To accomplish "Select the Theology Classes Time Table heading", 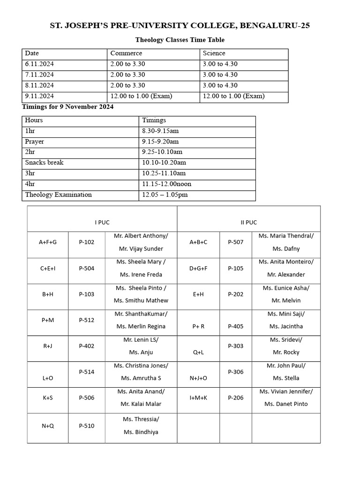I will pos(180,40).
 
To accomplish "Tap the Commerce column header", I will pos(126,53).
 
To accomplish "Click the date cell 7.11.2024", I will pos(39,75).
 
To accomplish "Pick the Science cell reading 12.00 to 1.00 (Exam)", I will pos(233,96).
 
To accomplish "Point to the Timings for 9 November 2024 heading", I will pos(68,107).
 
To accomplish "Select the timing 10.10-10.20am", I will pos(164,163).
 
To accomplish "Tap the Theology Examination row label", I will pos(59,195).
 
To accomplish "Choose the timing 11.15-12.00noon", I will pos(166,184).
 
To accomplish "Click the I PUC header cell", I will pos(102,222).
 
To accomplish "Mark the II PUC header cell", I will pos(248,222).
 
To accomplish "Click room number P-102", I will pos(87,242).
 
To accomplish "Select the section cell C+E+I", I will pos(48,268).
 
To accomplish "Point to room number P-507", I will pos(236,242).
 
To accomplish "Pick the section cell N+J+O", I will pos(198,378).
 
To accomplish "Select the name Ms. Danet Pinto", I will pos(286,404).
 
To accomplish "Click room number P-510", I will pos(87,426).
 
